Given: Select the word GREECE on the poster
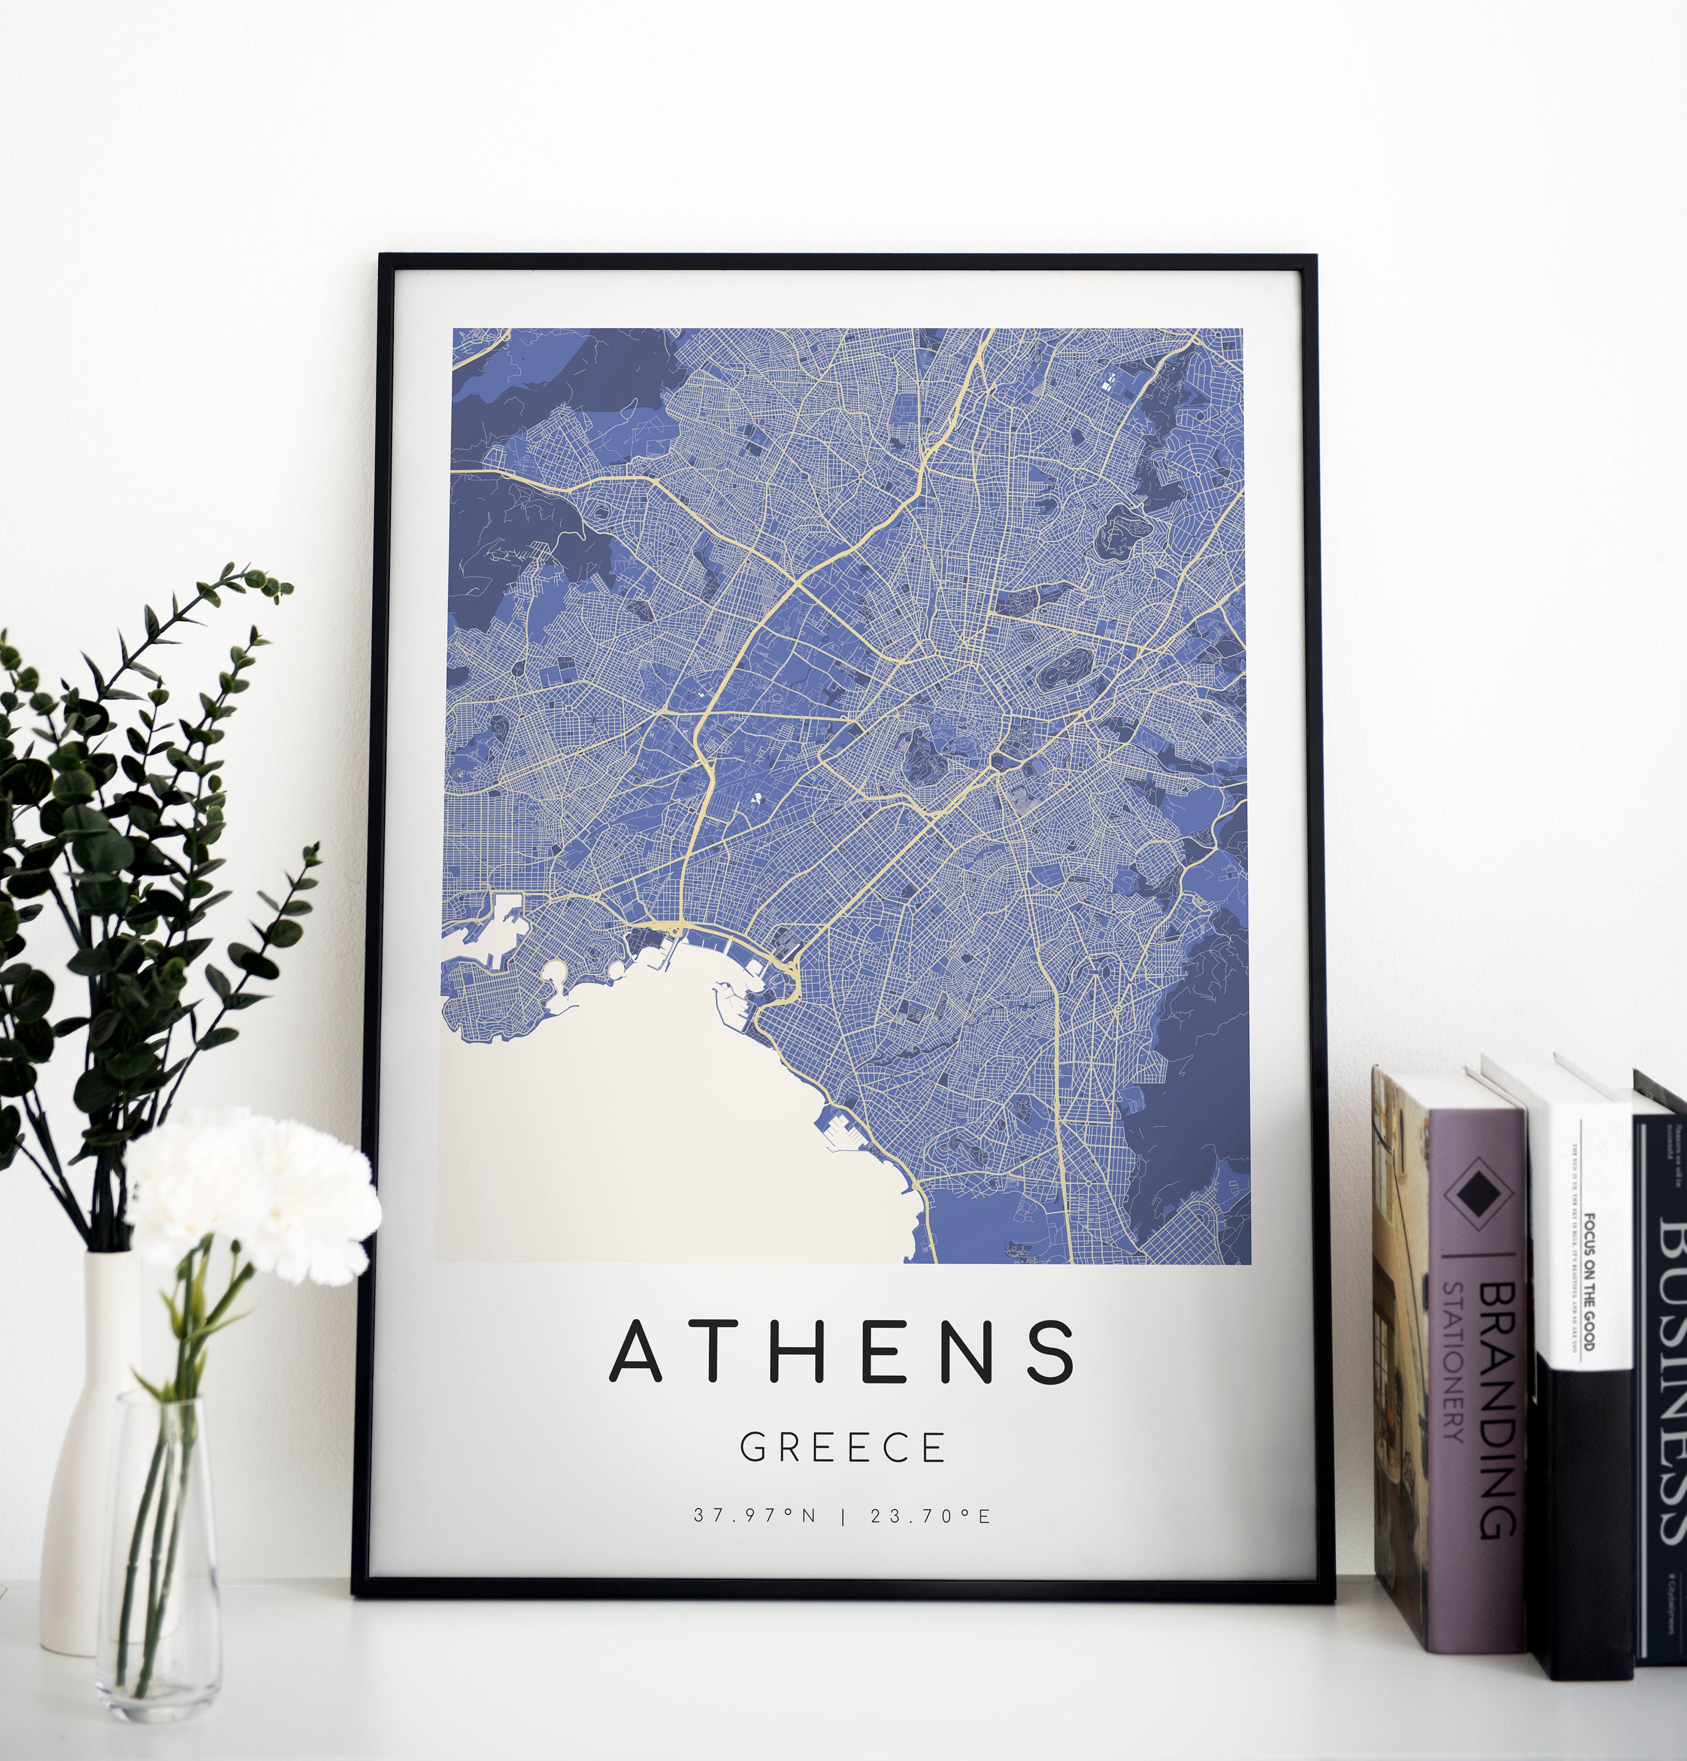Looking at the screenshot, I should pos(842,1448).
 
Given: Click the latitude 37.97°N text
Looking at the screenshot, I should pos(754,1516).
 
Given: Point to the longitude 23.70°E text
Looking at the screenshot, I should pos(930,1516).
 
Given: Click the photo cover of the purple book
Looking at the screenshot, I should pos(1399,1348).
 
